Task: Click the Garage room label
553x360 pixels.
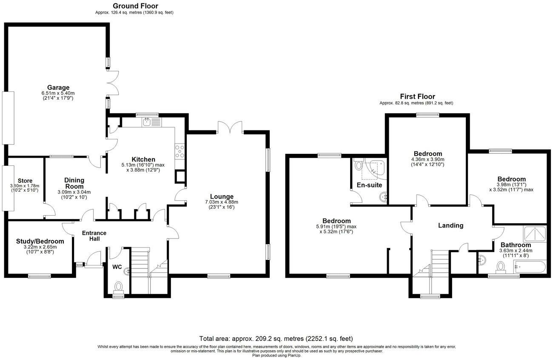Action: (x=55, y=87)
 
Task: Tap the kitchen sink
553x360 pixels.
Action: (x=147, y=123)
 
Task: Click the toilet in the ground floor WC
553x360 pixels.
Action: (x=118, y=287)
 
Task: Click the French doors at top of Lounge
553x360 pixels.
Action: (x=230, y=127)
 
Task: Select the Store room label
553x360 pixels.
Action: (x=25, y=181)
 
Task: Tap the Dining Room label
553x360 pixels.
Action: (x=74, y=183)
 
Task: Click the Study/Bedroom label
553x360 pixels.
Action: (x=37, y=241)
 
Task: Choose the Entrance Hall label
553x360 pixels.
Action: (x=94, y=236)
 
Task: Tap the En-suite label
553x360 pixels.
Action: (x=370, y=185)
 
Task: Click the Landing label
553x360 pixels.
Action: (x=450, y=225)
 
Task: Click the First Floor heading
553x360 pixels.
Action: (x=417, y=97)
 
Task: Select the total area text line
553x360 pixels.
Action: (x=276, y=339)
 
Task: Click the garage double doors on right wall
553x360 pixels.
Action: (x=111, y=83)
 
